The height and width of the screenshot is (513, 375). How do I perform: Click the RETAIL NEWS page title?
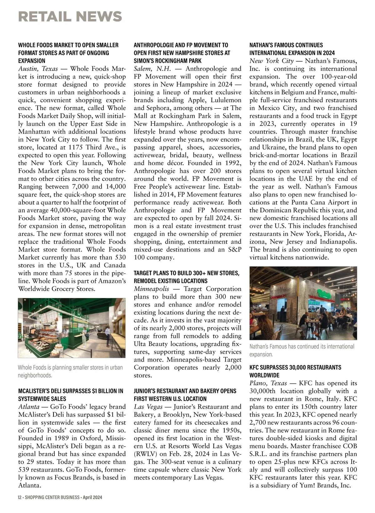[70, 16]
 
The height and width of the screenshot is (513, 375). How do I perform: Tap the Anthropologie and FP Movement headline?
[182, 53]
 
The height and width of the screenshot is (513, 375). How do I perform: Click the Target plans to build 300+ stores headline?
[187, 277]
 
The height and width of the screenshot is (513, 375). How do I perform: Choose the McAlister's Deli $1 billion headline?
[71, 395]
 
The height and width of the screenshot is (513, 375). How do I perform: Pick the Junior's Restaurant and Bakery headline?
[185, 395]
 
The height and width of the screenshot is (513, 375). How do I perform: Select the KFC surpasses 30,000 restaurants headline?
[295, 371]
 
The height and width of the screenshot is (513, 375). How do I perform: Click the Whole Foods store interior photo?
[72, 328]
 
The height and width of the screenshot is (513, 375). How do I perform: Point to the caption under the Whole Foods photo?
[70, 371]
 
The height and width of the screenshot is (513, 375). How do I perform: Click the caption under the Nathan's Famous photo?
[302, 350]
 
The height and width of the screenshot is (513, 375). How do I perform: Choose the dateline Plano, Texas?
[268, 383]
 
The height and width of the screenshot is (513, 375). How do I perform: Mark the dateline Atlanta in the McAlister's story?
[29, 407]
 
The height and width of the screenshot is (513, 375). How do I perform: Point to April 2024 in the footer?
[92, 497]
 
